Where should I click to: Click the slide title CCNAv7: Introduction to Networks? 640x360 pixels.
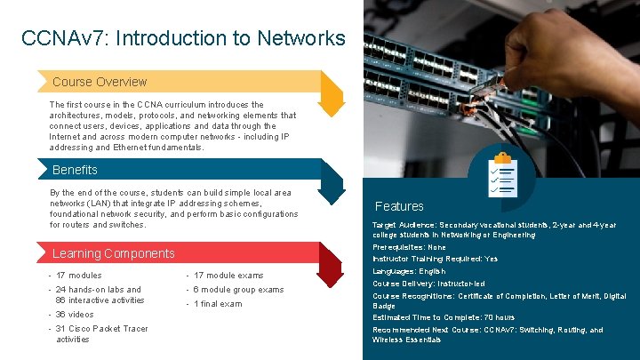click(x=183, y=38)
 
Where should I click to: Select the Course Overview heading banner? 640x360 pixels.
click(x=100, y=82)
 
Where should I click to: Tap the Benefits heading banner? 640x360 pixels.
click(x=76, y=170)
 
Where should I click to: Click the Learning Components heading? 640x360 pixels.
click(x=114, y=253)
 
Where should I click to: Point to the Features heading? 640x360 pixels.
click(x=399, y=206)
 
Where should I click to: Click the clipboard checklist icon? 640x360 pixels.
click(x=503, y=175)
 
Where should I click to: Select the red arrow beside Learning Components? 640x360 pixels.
click(x=331, y=265)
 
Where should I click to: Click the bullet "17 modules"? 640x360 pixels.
click(x=78, y=276)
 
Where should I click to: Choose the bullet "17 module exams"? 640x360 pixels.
click(x=228, y=276)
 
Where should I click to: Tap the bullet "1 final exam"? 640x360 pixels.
click(x=217, y=304)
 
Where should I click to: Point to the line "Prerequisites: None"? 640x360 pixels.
click(x=410, y=247)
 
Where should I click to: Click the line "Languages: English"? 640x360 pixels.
click(x=409, y=271)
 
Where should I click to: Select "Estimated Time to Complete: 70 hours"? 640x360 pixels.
click(x=444, y=317)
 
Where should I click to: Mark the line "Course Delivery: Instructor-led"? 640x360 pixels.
click(x=428, y=284)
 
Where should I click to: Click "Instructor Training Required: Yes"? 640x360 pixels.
click(x=435, y=259)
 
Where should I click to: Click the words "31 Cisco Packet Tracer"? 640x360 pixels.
click(x=102, y=329)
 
